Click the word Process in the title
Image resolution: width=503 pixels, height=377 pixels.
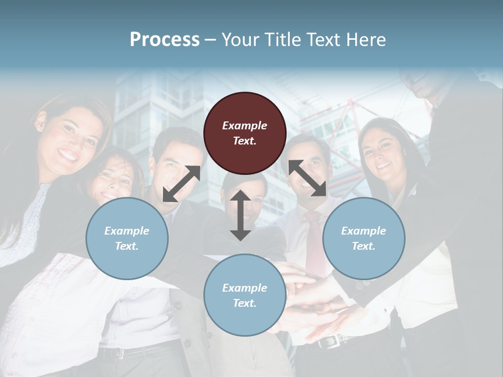[x=165, y=40]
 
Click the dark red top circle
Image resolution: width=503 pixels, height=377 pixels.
[x=245, y=134]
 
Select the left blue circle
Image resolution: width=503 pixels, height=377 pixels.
[x=127, y=238]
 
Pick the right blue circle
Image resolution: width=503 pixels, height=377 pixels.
[x=364, y=238]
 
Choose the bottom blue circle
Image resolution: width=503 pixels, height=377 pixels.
[x=245, y=295]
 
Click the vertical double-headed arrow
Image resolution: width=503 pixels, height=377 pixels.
[x=240, y=215]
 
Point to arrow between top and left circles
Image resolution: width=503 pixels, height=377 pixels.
[x=182, y=183]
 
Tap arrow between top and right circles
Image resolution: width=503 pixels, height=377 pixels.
[x=308, y=179]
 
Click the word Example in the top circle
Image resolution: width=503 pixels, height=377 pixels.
[x=245, y=126]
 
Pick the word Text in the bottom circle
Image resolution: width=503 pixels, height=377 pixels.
[x=244, y=303]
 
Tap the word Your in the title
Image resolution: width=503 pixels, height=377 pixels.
[x=238, y=40]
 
